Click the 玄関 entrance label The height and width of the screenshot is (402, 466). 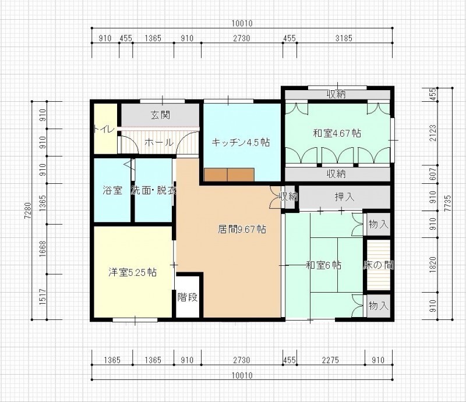pos(161,115)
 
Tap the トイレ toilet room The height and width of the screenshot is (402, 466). pos(105,129)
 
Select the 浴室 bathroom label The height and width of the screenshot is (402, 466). pos(112,190)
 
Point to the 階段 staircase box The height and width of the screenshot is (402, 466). pos(188,297)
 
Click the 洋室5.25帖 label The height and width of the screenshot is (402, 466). pos(133,272)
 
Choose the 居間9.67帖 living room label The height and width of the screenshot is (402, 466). pos(242,229)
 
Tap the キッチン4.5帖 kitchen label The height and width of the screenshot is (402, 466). pos(241,143)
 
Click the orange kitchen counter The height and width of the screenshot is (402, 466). pos(229,175)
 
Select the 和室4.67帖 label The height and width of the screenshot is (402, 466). pos(337,133)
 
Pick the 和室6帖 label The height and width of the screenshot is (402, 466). pos(324,265)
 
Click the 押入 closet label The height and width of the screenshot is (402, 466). pos(344,197)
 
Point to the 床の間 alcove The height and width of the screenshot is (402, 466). pos(378,265)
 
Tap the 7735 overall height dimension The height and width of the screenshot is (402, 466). pos(447,204)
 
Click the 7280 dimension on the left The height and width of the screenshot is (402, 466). pos(27,211)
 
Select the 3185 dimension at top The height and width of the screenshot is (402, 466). pos(344,38)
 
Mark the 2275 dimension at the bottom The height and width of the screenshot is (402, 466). pos(330,360)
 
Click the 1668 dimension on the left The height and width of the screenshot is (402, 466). pos(43,249)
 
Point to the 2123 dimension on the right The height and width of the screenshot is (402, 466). pos(433,133)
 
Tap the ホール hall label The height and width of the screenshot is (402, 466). pos(159,143)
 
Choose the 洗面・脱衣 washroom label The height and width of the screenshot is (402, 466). pos(154,190)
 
